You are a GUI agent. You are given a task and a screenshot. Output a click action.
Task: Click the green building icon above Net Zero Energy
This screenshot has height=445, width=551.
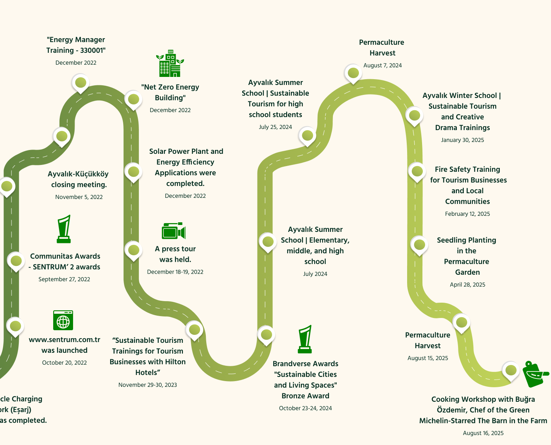pyautogui.click(x=170, y=64)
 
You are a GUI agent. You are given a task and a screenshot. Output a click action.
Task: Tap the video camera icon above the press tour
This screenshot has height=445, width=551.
pyautogui.click(x=174, y=231)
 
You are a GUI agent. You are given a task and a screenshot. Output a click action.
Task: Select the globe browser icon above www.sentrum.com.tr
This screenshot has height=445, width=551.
pyautogui.click(x=63, y=320)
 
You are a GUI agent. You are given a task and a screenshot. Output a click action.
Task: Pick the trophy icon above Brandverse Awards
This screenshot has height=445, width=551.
pyautogui.click(x=305, y=339)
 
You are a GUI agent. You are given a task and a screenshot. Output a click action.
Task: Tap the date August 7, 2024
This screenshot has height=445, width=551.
pyautogui.click(x=382, y=65)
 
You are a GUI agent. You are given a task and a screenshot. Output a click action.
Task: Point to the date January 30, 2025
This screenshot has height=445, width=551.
pyautogui.click(x=462, y=140)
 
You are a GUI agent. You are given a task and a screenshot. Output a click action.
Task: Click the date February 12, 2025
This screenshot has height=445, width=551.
pyautogui.click(x=467, y=214)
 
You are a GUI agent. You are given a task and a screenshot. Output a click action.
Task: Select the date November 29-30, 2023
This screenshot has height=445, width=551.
pyautogui.click(x=148, y=385)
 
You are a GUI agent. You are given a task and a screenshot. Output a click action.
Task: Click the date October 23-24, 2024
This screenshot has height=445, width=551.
pyautogui.click(x=305, y=408)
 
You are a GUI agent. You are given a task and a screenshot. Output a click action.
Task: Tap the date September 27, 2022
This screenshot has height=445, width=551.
pyautogui.click(x=64, y=279)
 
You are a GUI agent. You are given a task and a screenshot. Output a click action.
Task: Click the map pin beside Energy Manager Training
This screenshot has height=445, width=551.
pyautogui.click(x=80, y=83)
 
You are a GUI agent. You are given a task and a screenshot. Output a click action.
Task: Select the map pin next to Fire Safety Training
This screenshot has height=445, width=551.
pyautogui.click(x=417, y=171)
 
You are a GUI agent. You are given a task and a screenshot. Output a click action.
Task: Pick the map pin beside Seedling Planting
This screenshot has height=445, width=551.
pyautogui.click(x=419, y=245)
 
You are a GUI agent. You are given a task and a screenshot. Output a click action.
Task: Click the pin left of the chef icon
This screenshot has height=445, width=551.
pyautogui.click(x=511, y=370)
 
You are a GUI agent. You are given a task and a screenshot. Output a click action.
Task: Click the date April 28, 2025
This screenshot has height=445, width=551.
pyautogui.click(x=467, y=285)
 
